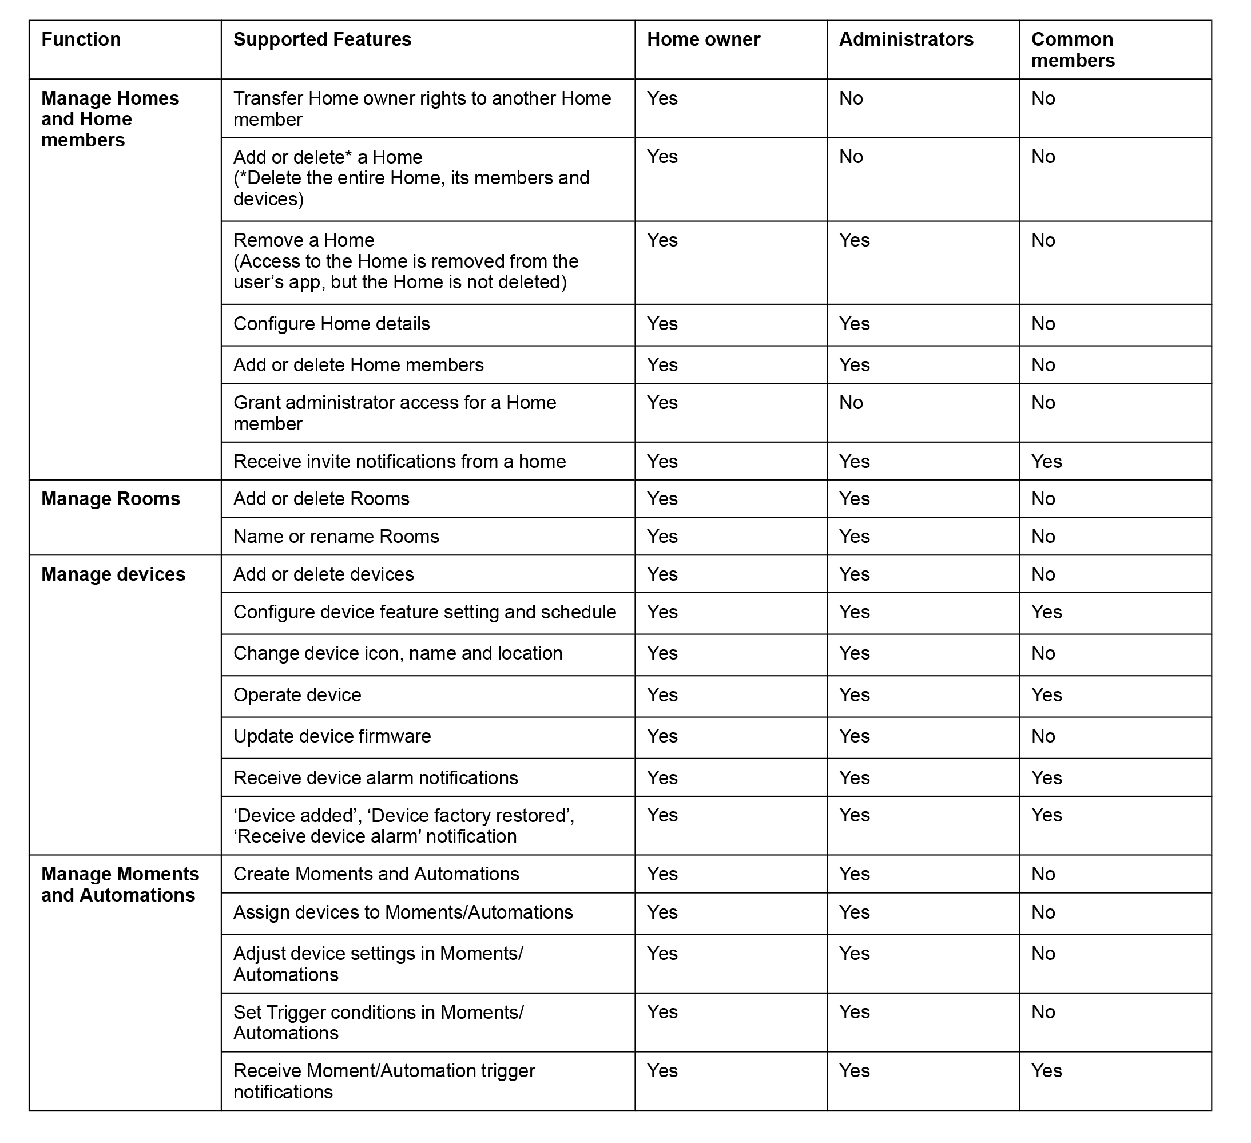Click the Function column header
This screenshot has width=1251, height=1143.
pyautogui.click(x=81, y=39)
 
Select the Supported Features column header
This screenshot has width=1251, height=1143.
pyautogui.click(x=322, y=39)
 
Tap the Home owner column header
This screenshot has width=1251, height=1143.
pyautogui.click(x=703, y=39)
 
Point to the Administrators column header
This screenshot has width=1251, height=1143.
pyautogui.click(x=906, y=39)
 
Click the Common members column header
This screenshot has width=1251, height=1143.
pyautogui.click(x=1073, y=50)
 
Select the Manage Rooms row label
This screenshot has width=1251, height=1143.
pyautogui.click(x=110, y=499)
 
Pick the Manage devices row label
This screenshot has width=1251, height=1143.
pyautogui.click(x=113, y=574)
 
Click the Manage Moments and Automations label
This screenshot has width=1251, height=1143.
pyautogui.click(x=120, y=885)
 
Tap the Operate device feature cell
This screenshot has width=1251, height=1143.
pyautogui.click(x=297, y=695)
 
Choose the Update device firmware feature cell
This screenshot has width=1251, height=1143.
pyautogui.click(x=332, y=737)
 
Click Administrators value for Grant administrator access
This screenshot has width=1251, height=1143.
pyautogui.click(x=851, y=403)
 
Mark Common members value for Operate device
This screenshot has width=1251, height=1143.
pyautogui.click(x=1046, y=695)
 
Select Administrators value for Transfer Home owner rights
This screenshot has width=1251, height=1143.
pyautogui.click(x=851, y=98)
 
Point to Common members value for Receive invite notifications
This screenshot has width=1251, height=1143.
pyautogui.click(x=1046, y=462)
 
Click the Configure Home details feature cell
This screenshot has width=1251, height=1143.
pyautogui.click(x=331, y=324)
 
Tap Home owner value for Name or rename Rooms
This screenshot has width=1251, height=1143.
pyautogui.click(x=662, y=537)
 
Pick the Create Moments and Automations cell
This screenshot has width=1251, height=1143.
pyautogui.click(x=376, y=874)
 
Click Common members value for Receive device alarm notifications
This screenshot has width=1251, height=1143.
pyautogui.click(x=1046, y=778)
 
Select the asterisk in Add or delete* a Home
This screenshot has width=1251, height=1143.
pyautogui.click(x=348, y=154)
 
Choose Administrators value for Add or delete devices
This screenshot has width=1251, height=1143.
pyautogui.click(x=854, y=574)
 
